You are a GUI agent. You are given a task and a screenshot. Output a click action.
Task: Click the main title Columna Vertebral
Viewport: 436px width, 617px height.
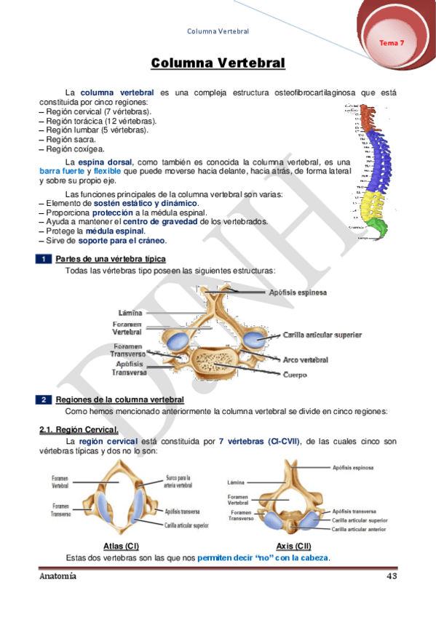click(218, 63)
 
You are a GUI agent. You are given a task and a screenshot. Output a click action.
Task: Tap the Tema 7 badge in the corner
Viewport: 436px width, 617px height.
click(392, 43)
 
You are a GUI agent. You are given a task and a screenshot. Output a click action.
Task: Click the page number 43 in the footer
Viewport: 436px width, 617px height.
click(390, 576)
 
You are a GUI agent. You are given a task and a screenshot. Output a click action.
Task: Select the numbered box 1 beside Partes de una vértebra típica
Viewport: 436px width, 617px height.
click(44, 259)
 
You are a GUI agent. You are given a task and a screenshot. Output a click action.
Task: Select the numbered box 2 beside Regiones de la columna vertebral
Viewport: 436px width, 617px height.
click(44, 399)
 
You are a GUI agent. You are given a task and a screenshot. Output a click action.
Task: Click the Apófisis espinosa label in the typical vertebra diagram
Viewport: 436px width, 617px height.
click(298, 292)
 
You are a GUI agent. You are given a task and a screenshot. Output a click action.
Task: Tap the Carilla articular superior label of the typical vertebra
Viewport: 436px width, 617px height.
click(322, 335)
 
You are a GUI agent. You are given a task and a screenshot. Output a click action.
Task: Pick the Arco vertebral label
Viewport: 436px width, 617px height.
click(306, 359)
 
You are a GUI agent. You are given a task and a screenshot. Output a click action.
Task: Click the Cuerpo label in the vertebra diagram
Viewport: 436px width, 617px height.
click(295, 375)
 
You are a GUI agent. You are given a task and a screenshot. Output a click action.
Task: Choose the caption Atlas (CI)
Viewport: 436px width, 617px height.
click(122, 546)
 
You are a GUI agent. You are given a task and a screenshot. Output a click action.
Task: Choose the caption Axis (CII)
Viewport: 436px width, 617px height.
click(295, 546)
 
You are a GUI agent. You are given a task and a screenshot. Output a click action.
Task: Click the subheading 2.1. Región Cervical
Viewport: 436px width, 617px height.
click(74, 430)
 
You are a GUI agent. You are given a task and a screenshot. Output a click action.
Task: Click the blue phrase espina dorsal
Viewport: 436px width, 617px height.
click(106, 162)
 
